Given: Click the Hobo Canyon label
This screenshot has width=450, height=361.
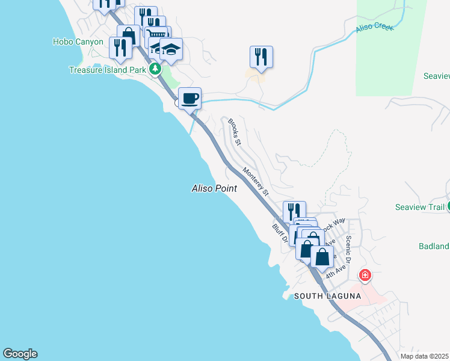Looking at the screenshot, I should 78,42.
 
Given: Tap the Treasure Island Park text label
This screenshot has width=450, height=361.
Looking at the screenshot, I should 106,70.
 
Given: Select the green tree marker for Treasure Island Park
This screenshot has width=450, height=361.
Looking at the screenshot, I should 155,69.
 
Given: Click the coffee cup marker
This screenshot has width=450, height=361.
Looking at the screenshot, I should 190,98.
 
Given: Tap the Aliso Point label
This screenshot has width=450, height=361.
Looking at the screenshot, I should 214,188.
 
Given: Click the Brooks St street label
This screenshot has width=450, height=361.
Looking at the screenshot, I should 233,132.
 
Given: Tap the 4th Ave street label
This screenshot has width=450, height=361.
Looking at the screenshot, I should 335,269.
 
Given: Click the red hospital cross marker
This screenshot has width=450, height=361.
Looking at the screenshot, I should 365,276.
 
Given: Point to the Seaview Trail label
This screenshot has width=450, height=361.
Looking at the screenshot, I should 419,207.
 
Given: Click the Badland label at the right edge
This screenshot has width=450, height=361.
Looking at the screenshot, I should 434,246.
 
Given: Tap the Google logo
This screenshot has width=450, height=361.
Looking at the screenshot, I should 20,354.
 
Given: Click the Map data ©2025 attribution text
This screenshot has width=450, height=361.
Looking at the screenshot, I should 425,356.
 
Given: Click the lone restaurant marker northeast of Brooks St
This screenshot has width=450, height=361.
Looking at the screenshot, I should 261,57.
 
